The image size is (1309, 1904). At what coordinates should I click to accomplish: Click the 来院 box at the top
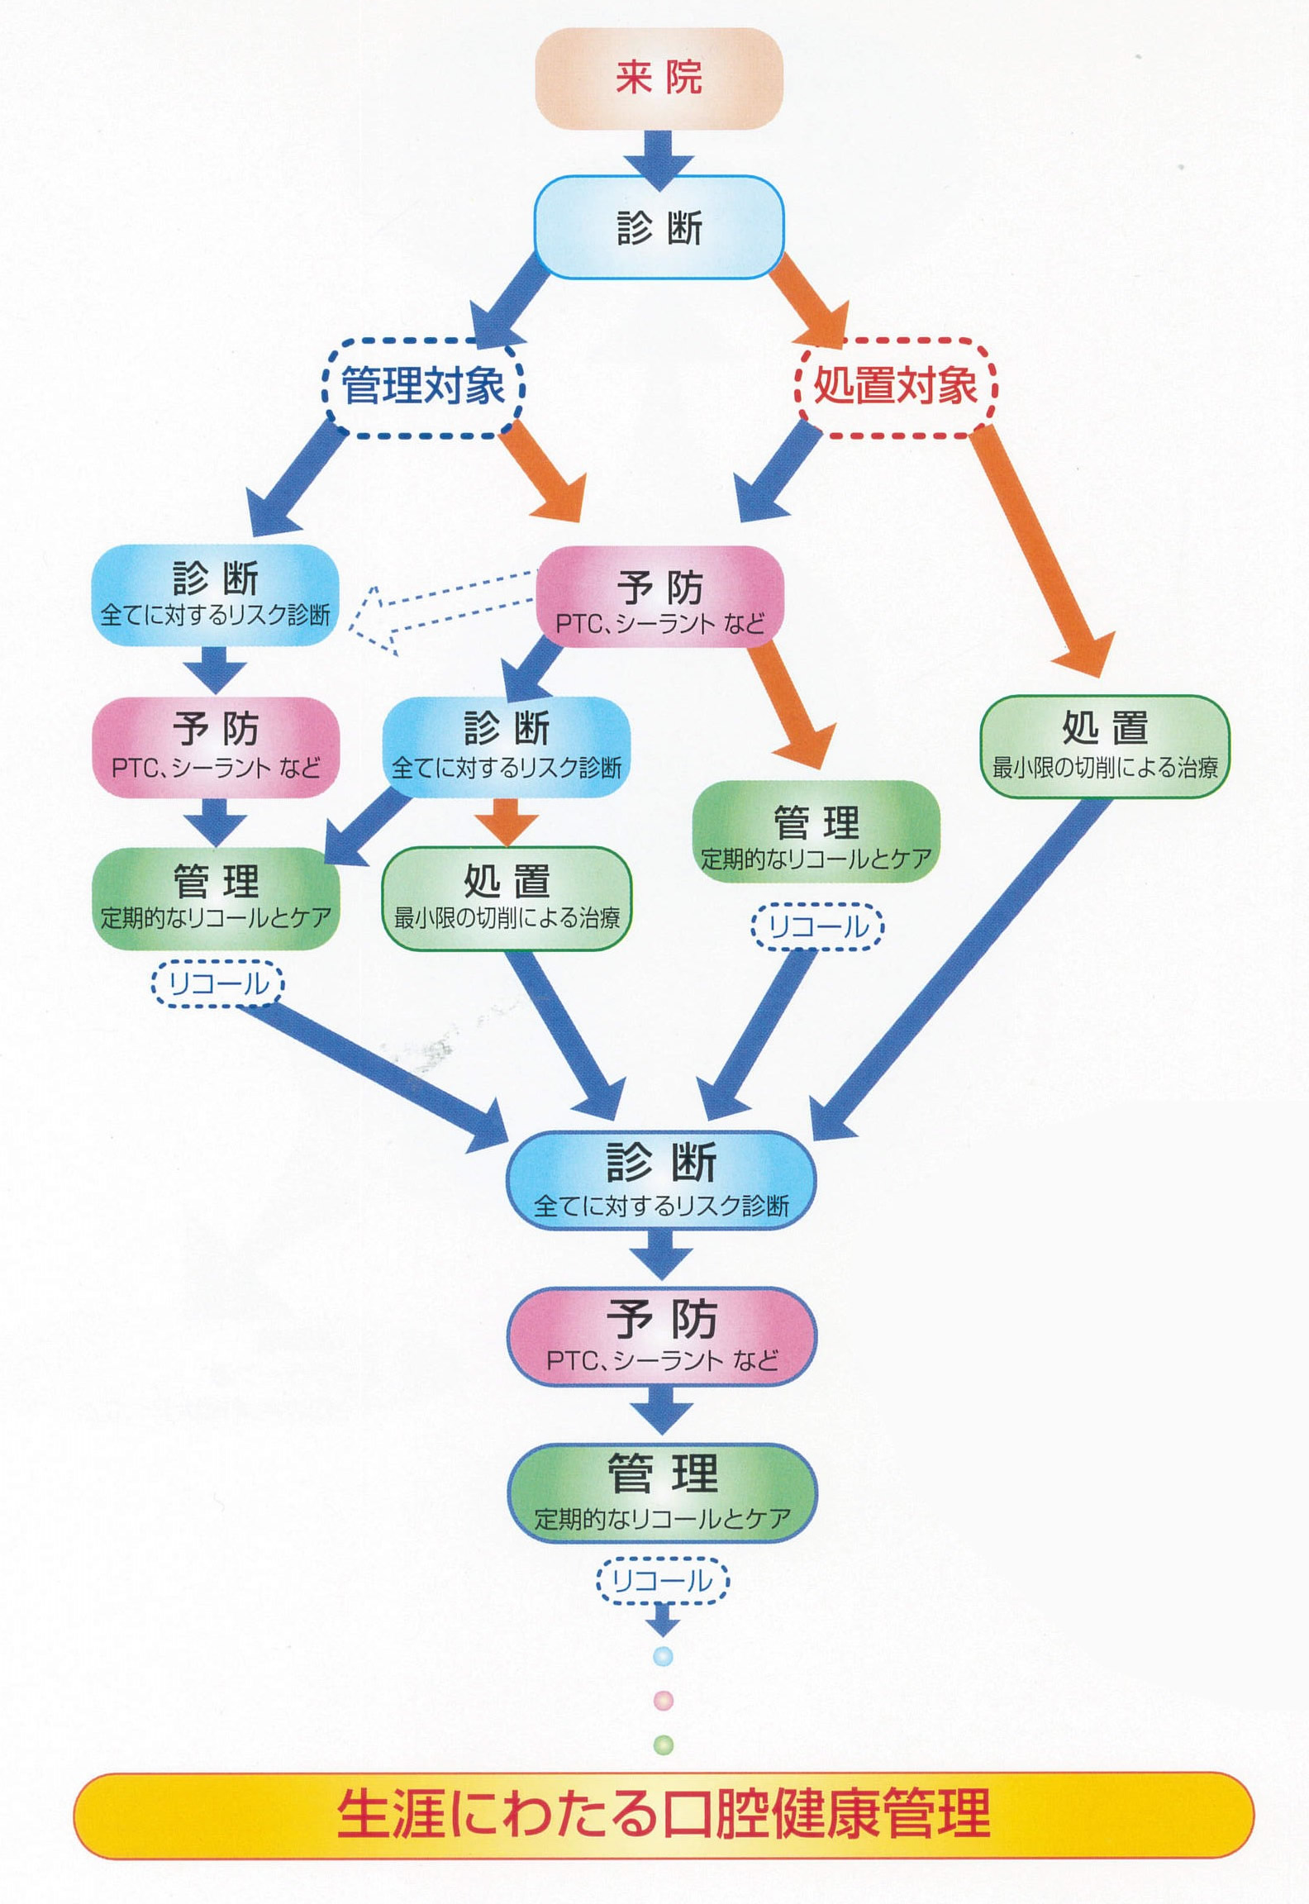tap(659, 79)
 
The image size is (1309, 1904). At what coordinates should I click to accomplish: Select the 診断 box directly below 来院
tap(659, 228)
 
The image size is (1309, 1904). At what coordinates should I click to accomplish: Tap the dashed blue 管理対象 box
tap(423, 386)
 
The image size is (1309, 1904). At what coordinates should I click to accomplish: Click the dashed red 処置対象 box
tap(896, 386)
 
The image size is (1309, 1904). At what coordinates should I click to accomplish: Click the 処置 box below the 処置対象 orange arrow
tap(1104, 746)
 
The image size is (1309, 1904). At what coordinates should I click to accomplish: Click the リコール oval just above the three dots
tap(663, 1581)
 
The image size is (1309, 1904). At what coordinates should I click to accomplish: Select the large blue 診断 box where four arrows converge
tap(661, 1179)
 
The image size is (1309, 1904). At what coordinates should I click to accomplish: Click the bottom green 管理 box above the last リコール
tap(662, 1492)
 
